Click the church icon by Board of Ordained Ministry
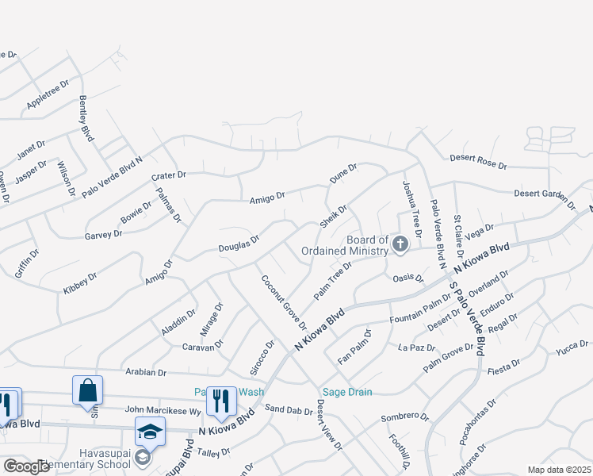pos(400,244)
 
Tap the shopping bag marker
pos(87,390)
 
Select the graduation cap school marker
pos(149,432)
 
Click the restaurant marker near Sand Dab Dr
pos(221,401)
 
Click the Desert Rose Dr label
pos(478,161)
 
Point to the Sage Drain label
pos(346,392)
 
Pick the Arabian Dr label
pos(144,371)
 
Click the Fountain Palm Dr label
pos(420,309)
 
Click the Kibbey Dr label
pos(80,284)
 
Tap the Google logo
pos(26,466)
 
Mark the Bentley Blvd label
pos(86,119)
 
